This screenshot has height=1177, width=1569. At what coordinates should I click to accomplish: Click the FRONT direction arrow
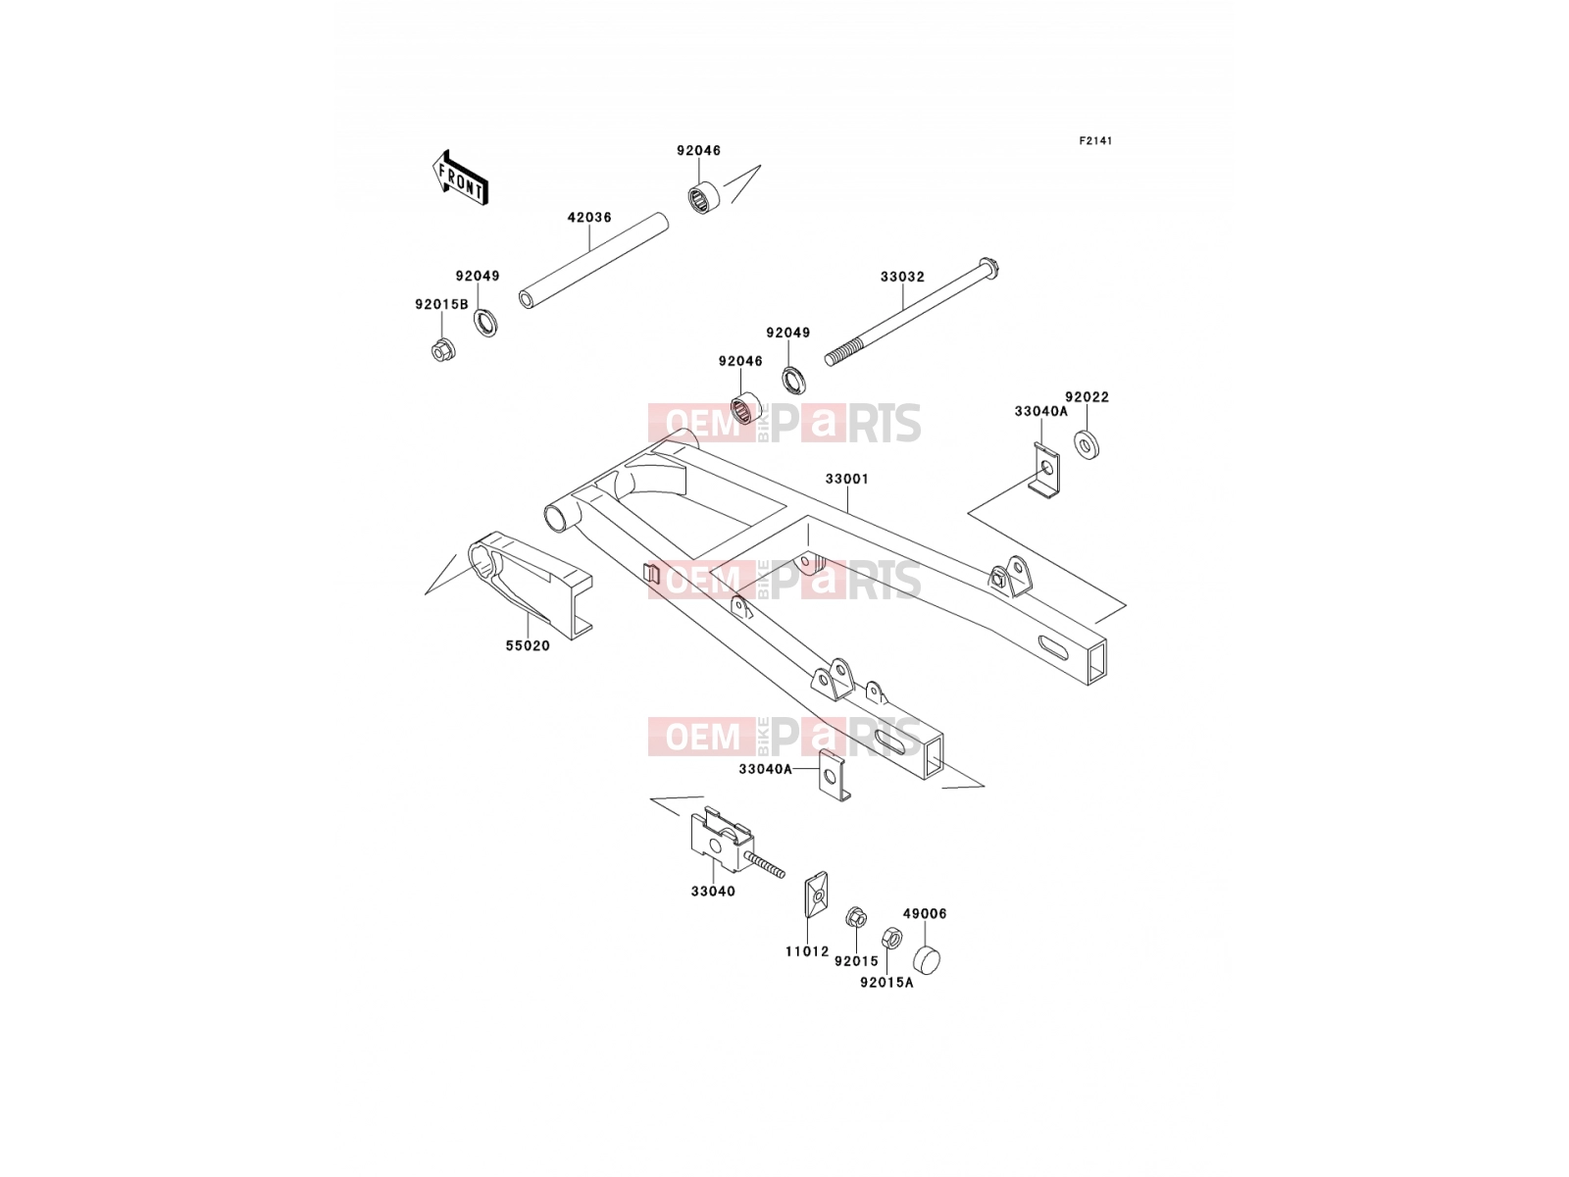[460, 179]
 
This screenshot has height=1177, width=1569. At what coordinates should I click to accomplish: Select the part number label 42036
[589, 217]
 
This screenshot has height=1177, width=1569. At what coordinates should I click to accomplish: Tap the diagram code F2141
[1095, 141]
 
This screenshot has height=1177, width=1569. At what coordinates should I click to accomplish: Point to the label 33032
[902, 277]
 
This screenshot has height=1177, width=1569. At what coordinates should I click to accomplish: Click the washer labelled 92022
[1087, 444]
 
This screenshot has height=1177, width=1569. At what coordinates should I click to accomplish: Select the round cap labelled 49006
[927, 958]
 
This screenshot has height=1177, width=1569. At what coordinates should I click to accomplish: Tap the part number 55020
[528, 646]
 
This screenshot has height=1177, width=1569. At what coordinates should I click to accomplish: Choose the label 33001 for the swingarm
[847, 479]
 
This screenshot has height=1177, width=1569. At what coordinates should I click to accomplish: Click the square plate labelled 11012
[813, 894]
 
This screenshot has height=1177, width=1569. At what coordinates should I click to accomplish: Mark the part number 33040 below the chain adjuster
[713, 892]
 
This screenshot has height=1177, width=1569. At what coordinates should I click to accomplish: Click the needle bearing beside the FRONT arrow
[704, 196]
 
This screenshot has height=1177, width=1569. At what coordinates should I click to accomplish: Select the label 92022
[1087, 397]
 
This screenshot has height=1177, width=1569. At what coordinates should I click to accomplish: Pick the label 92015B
[441, 304]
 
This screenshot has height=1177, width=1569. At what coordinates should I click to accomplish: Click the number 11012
[807, 951]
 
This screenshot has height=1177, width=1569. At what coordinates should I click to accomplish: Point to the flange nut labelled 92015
[856, 917]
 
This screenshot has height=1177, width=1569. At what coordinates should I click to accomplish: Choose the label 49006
[925, 914]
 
